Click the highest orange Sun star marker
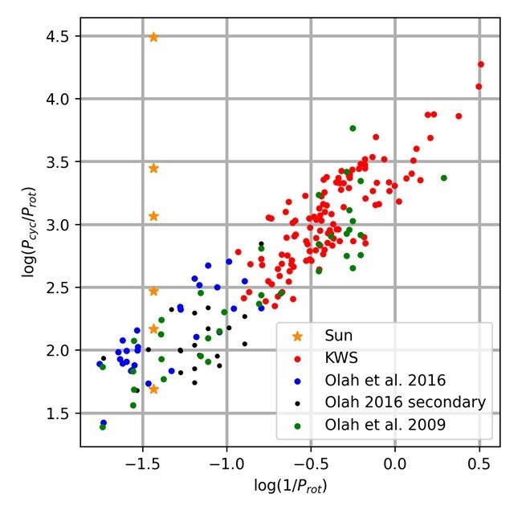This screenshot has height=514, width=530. tap(153, 37)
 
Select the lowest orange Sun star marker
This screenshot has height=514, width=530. tap(153, 390)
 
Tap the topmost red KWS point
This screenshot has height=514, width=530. tap(481, 64)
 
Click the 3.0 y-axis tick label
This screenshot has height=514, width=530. tap(59, 225)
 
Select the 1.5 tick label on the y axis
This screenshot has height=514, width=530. tap(59, 414)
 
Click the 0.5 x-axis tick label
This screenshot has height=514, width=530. tap(479, 465)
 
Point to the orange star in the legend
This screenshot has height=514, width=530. tap(298, 334)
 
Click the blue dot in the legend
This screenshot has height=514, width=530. tap(298, 379)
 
